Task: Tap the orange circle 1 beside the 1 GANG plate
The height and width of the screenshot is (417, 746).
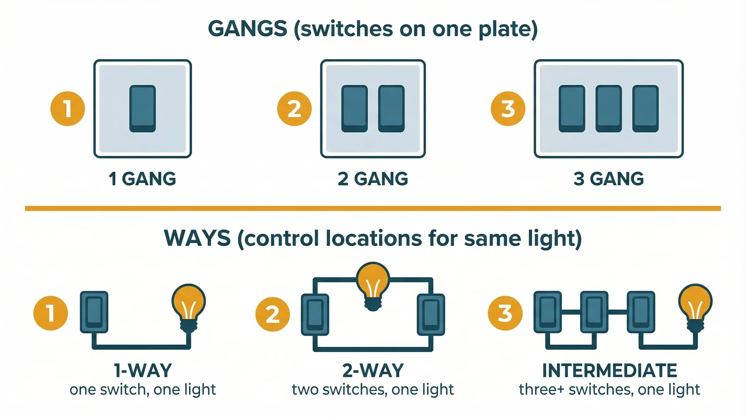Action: (67, 109)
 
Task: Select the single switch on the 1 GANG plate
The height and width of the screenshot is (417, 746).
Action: (143, 109)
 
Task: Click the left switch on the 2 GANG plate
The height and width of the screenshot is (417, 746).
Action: (355, 109)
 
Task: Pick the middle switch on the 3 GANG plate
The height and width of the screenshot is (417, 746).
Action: (609, 109)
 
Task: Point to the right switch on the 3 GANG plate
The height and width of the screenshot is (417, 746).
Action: (645, 109)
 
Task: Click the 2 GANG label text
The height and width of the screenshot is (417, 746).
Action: (373, 179)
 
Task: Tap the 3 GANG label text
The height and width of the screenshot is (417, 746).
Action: (609, 179)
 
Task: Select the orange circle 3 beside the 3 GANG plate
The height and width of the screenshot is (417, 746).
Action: (508, 109)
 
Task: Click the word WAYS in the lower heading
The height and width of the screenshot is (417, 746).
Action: (197, 238)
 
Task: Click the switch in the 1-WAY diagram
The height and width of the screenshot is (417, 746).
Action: (94, 312)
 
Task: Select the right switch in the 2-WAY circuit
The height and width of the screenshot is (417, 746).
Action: (431, 315)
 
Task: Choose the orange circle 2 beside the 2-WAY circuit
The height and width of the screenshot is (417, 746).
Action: (272, 314)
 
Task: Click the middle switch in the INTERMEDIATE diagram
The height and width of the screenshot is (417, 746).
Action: (594, 312)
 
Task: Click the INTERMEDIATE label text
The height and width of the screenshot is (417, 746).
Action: (610, 371)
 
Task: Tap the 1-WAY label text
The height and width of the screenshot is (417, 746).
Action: (143, 371)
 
